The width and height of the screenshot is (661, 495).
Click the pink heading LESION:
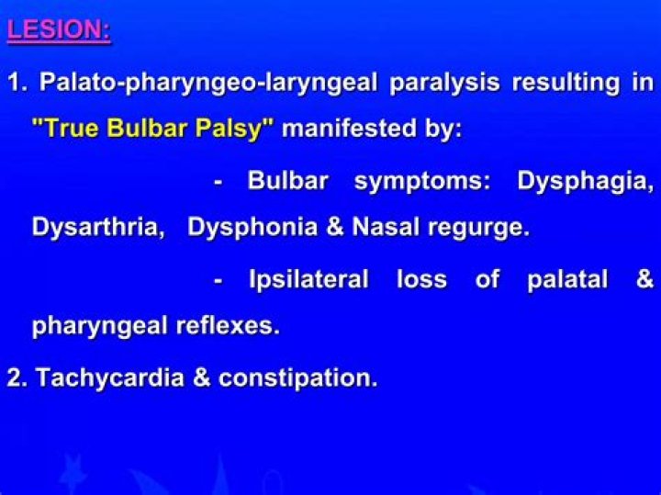pos(59,29)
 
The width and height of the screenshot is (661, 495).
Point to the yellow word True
pos(72,129)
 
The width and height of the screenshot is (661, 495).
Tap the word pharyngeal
pos(95,326)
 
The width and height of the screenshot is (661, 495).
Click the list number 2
pos(16,377)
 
